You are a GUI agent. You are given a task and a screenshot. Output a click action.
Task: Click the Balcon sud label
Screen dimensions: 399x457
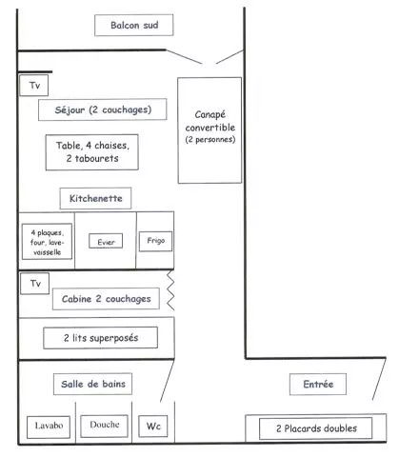pos(134,25)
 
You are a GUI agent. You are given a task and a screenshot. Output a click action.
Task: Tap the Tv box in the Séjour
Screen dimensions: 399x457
pos(34,86)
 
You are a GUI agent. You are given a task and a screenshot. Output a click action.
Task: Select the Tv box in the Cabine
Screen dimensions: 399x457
pos(35,284)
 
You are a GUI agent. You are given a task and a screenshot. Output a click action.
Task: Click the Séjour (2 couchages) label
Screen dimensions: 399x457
pos(103,109)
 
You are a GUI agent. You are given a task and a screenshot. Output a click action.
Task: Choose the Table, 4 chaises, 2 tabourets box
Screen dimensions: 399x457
pos(92,152)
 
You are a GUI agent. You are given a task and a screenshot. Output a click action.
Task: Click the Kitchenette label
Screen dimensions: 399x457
pos(95,199)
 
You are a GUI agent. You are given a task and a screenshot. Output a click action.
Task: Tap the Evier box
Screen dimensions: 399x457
pos(106,242)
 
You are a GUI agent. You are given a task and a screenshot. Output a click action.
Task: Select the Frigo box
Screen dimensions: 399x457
pos(155,241)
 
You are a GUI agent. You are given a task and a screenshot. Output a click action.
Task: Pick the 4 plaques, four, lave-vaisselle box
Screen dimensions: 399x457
pos(47,242)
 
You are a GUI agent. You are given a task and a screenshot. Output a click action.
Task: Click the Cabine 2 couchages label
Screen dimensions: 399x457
pos(106,299)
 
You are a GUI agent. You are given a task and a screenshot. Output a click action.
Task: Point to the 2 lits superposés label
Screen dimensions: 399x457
pos(101,338)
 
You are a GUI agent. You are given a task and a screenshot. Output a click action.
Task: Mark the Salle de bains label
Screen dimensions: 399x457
pos(92,384)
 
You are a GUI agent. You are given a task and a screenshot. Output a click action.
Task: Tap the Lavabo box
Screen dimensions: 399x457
pos(49,427)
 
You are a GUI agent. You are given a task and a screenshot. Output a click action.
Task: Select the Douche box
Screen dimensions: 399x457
pos(105,426)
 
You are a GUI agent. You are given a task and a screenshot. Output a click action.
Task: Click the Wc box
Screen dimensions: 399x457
pos(153,426)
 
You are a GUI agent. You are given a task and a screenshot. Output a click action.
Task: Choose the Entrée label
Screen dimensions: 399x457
pos(318,385)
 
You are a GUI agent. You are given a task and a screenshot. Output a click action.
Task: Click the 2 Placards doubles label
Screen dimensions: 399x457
pos(316,428)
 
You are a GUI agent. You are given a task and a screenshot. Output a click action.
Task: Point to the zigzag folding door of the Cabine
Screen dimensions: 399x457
pos(170,290)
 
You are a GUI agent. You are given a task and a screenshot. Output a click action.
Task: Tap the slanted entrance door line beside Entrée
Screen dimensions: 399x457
pos(379,379)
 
